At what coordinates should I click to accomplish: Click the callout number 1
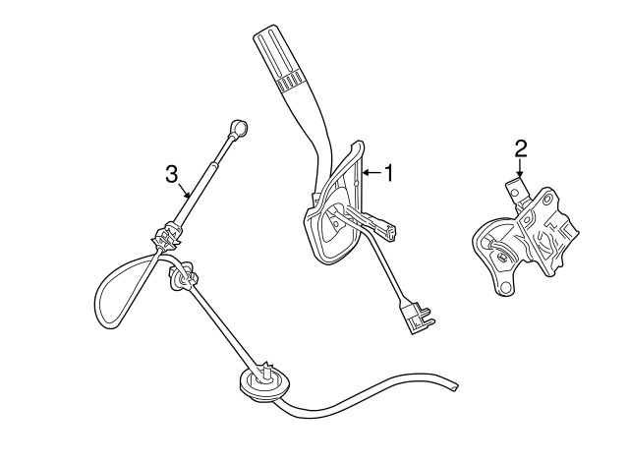(388, 173)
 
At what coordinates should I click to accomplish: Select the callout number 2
(520, 148)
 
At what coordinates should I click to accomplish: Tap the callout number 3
(171, 175)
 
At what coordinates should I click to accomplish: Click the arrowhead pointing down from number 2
(520, 174)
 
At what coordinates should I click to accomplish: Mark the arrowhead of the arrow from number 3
(188, 196)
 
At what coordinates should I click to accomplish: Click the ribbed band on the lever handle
(289, 82)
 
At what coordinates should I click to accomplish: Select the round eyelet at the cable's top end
(240, 128)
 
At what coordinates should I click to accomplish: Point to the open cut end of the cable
(455, 386)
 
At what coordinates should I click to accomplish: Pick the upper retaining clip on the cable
(166, 237)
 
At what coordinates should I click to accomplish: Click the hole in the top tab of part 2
(513, 193)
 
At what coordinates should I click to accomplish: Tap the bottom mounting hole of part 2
(505, 287)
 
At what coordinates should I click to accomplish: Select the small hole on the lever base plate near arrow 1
(356, 184)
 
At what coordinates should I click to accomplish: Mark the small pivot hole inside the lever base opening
(335, 221)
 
